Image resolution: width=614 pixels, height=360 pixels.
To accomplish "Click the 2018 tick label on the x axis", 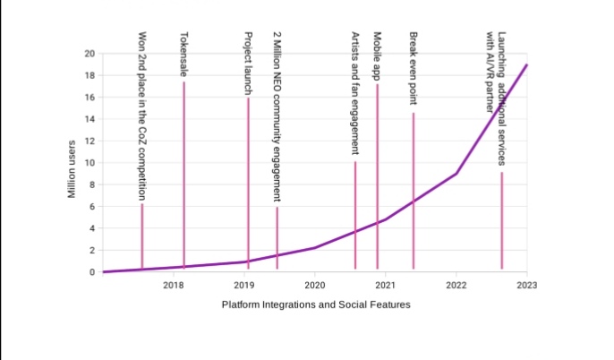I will point(174,285).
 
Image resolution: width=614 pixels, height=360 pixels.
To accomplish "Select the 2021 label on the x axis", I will point(386,285).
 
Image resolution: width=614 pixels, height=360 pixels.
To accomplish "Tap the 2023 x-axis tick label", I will point(527,285).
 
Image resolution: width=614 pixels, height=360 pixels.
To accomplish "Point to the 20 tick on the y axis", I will point(89,54).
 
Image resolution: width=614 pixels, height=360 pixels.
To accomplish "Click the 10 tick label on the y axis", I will point(89,163).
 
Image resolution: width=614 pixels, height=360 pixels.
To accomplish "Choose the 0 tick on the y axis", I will point(91,272).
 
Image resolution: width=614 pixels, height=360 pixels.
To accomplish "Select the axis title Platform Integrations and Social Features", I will point(316,304).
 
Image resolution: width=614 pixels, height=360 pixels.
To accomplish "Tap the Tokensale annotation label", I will point(183,54).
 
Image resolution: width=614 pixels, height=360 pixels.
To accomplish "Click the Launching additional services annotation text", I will point(501,99).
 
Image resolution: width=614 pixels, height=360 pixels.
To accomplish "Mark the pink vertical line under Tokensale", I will point(183,179).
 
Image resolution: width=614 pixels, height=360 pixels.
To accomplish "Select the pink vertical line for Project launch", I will point(249,179).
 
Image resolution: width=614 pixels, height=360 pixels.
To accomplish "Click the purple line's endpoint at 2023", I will point(527,64).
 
